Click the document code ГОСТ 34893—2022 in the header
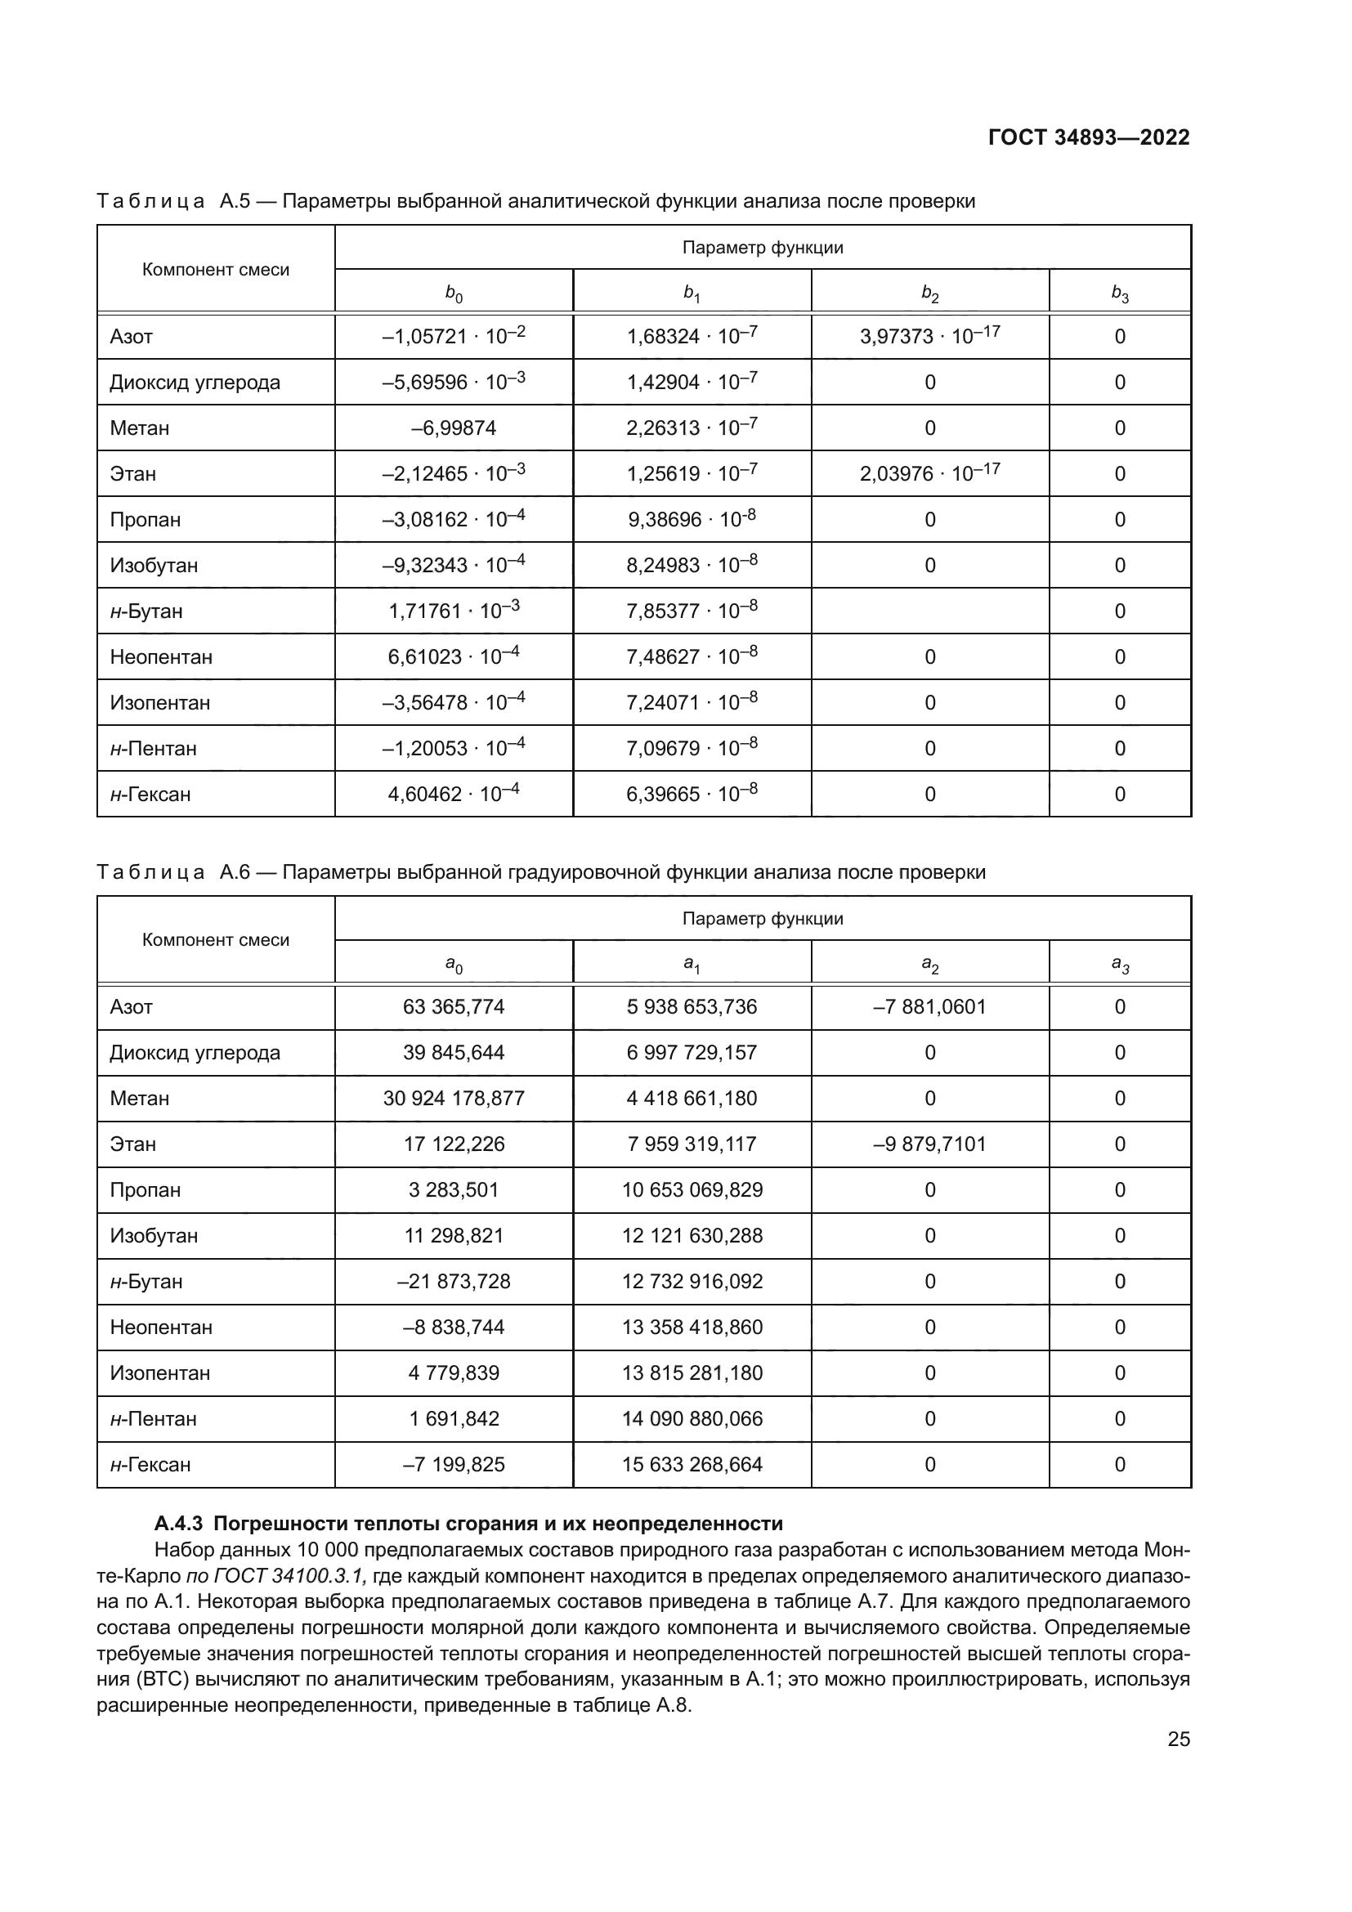1089,137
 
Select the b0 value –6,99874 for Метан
454,428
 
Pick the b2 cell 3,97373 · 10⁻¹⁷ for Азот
929,337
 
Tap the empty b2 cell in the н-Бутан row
929,611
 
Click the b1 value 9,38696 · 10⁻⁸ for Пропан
691,520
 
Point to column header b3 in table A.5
1120,293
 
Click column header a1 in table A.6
691,965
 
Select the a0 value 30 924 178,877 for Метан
454,1099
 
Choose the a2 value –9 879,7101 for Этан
929,1144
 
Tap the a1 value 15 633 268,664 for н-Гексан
691,1465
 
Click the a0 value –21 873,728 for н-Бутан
454,1282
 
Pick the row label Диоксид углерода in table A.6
195,1053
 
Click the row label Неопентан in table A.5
161,657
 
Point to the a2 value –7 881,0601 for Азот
929,1007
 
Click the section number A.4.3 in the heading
178,1524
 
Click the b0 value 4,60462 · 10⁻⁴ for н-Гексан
454,795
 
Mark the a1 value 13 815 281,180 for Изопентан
691,1373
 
